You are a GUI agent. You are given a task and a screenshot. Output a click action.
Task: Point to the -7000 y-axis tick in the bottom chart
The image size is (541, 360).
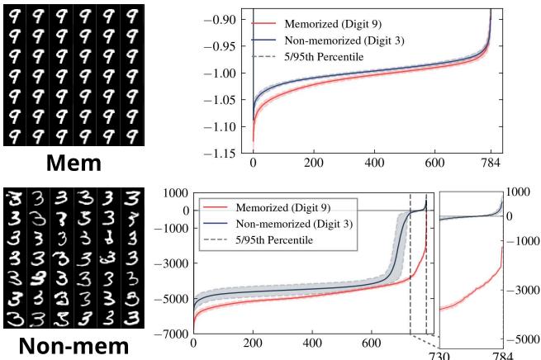point(170,334)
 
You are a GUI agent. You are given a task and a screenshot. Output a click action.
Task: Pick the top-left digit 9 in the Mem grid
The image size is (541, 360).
point(14,15)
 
